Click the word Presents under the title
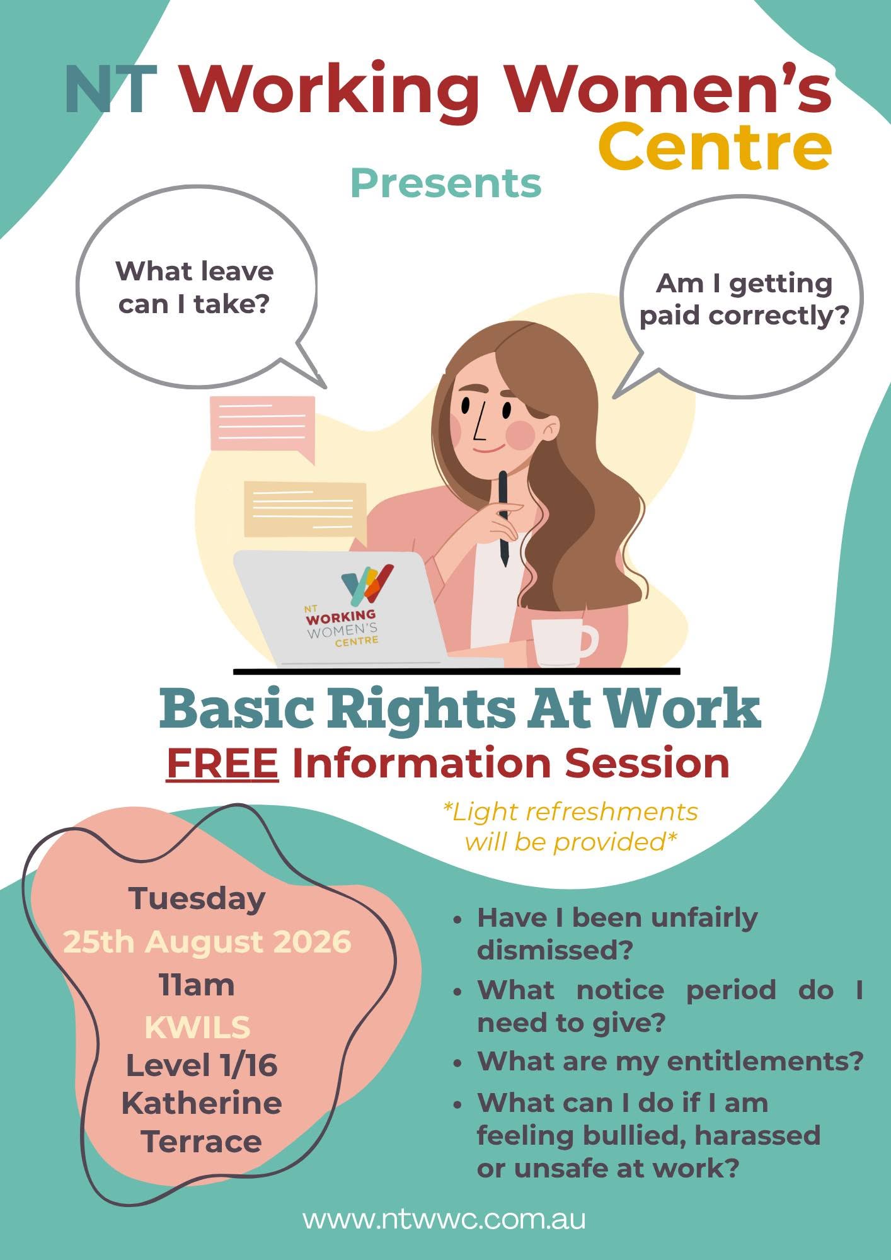(x=446, y=183)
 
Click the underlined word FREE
(x=222, y=763)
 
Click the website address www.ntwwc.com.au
(x=444, y=1218)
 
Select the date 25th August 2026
(x=207, y=941)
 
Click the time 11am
(x=197, y=985)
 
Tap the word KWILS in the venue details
(x=197, y=1027)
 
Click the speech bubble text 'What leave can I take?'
(x=195, y=287)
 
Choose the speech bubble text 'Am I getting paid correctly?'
(x=744, y=300)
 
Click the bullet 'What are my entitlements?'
(x=670, y=1061)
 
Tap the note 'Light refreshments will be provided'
(x=571, y=827)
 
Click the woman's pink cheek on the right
(x=521, y=435)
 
